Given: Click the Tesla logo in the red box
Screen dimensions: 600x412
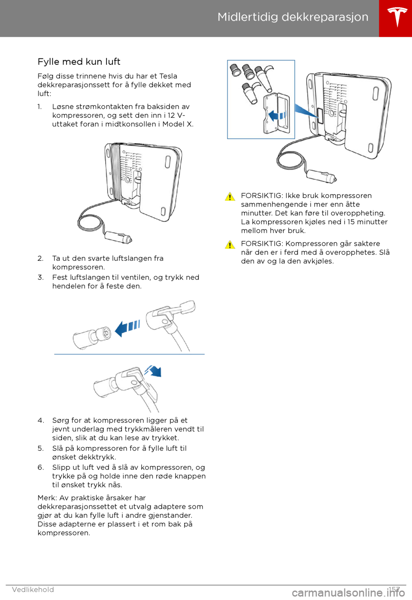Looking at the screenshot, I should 397,17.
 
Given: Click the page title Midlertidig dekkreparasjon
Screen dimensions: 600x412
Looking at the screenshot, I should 293,17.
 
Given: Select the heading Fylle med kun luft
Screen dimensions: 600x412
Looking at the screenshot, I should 79,62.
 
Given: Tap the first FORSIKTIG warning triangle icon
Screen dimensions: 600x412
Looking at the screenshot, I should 230,197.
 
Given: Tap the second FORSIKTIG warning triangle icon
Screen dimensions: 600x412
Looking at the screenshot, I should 230,245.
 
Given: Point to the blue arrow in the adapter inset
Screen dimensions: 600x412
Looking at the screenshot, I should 276,115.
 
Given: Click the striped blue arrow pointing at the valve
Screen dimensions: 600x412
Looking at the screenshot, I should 127,328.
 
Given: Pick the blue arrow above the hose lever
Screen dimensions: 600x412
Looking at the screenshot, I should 154,370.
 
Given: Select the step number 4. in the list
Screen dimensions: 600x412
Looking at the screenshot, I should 41,420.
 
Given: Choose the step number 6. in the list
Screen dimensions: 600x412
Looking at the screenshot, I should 41,468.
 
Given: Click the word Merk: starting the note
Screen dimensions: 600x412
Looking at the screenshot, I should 47,498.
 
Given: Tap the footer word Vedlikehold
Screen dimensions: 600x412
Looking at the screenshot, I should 33,590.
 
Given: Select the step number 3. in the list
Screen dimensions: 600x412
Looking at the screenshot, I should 41,278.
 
